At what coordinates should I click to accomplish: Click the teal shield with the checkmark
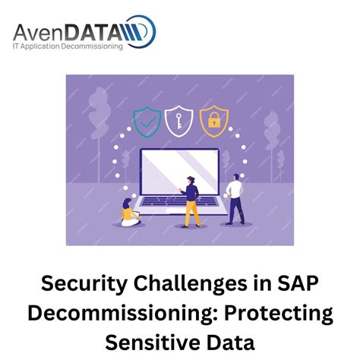click(147, 118)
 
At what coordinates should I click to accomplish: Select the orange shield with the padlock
click(213, 118)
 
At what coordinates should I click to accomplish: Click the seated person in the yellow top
click(129, 214)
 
